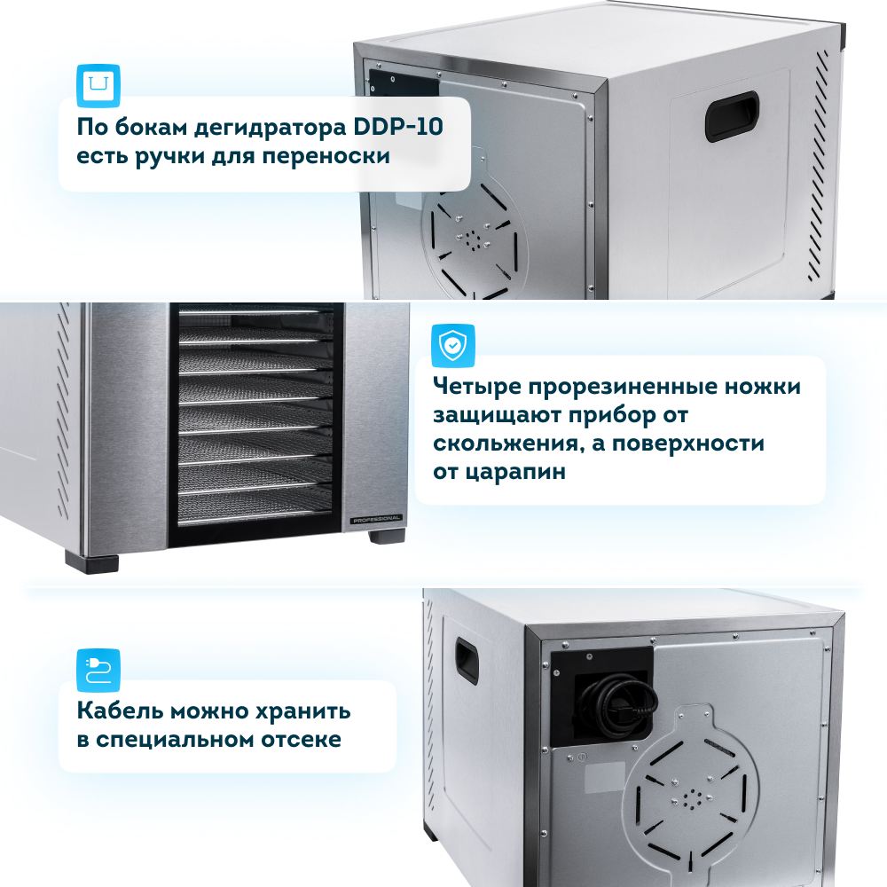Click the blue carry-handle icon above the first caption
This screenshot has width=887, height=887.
click(x=98, y=86)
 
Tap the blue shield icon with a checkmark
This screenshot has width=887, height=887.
click(x=452, y=346)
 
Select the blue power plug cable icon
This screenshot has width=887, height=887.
click(x=98, y=671)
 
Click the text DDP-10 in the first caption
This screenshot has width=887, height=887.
click(x=397, y=127)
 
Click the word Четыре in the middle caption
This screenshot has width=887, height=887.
click(x=477, y=387)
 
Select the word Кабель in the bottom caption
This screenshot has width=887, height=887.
click(x=120, y=710)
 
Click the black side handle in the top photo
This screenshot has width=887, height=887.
click(x=732, y=116)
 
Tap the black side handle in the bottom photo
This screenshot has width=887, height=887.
click(x=467, y=662)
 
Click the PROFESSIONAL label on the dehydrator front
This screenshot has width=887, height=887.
click(x=376, y=519)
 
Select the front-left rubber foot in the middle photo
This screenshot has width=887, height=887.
click(x=92, y=563)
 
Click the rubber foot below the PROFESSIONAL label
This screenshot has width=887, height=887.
click(x=387, y=536)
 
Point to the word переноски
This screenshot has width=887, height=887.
click(x=326, y=157)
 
